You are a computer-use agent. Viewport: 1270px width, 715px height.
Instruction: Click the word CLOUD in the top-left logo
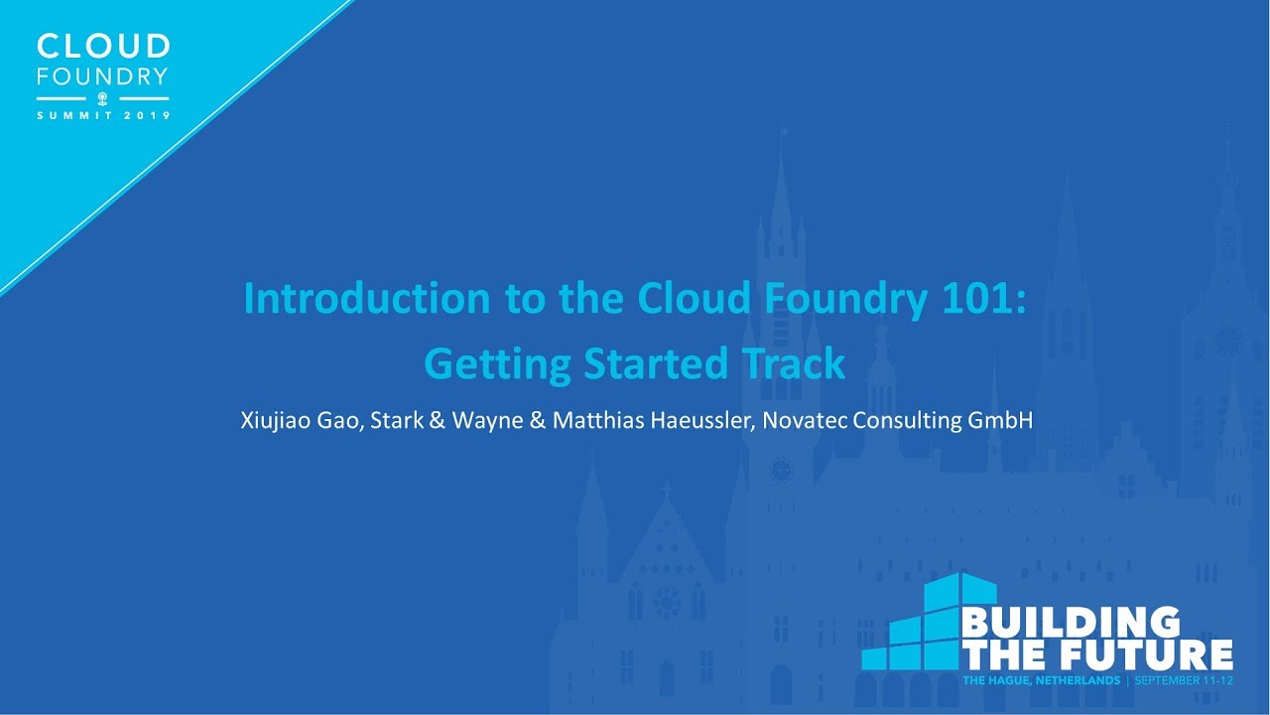coord(103,47)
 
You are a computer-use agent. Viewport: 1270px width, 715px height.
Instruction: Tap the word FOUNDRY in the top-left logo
coord(103,76)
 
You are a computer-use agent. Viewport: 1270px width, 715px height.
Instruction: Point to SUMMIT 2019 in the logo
coord(103,115)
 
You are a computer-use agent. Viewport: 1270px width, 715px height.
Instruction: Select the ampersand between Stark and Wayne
coord(437,420)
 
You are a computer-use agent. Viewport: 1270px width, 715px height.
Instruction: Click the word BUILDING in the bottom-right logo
coord(1071,624)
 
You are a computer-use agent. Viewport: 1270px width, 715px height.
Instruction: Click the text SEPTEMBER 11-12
coord(1183,681)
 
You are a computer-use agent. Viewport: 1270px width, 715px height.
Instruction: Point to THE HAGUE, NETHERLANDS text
coord(1041,681)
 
